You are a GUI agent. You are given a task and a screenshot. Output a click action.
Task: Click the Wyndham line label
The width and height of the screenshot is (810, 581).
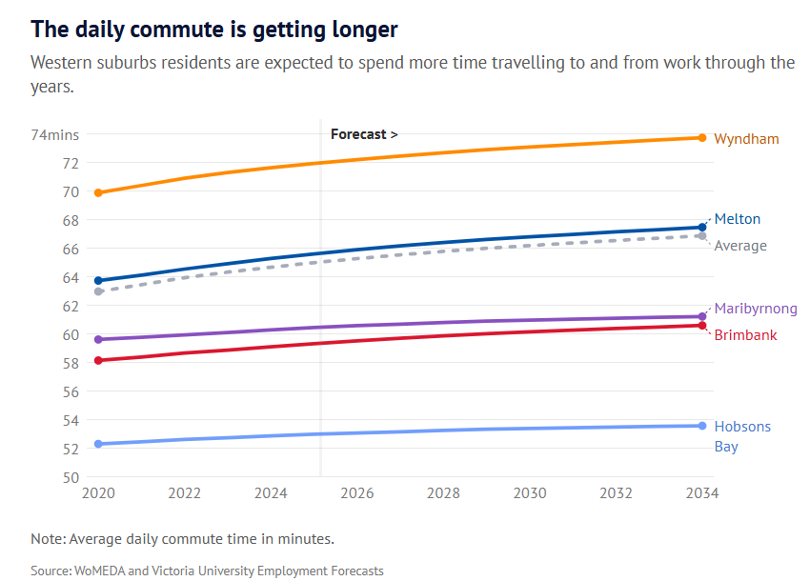[746, 139]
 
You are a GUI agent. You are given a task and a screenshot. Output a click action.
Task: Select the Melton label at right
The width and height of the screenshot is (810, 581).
[737, 219]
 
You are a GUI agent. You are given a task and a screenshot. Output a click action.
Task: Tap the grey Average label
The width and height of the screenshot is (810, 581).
[740, 246]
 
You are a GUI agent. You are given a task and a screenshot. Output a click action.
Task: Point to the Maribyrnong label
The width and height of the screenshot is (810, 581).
[756, 309]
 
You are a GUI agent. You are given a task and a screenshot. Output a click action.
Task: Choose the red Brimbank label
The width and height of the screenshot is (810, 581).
[745, 335]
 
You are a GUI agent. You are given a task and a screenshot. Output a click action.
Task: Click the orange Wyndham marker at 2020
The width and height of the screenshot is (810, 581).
[99, 192]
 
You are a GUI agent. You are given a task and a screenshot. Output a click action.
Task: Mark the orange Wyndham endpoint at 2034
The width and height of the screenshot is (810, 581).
[702, 138]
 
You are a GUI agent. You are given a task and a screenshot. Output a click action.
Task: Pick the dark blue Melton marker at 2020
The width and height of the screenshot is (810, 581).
[99, 281]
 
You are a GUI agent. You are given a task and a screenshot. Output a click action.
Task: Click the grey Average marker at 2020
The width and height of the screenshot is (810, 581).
[99, 291]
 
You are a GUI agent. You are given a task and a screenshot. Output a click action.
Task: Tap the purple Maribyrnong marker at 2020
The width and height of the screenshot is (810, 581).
[99, 339]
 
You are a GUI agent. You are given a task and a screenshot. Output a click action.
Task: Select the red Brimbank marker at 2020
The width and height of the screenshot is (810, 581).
[99, 360]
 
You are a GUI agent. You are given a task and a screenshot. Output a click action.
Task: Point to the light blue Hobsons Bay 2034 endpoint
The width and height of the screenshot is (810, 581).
[702, 426]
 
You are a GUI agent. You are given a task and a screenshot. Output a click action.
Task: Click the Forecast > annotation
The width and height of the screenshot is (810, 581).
[364, 134]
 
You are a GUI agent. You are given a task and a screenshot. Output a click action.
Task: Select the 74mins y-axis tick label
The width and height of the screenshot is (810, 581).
[55, 134]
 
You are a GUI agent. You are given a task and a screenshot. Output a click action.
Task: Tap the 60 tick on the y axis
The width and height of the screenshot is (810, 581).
[71, 334]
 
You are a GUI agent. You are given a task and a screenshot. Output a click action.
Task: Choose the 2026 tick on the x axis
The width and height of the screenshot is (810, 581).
[357, 493]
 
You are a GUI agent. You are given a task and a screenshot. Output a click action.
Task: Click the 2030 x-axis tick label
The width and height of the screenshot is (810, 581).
[530, 493]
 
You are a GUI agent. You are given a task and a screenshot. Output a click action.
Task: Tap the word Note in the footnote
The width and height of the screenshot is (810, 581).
[47, 539]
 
